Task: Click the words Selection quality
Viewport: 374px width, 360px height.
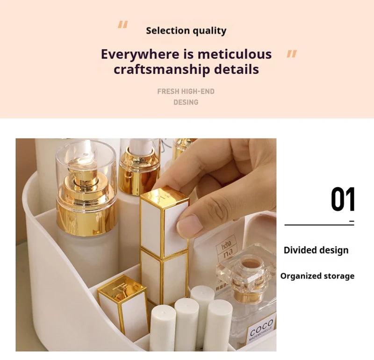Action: pyautogui.click(x=186, y=31)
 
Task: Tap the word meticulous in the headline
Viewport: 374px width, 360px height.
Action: pyautogui.click(x=234, y=54)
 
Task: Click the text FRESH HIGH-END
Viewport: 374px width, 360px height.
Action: pyautogui.click(x=186, y=92)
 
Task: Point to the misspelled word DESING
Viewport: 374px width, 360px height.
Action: pyautogui.click(x=186, y=102)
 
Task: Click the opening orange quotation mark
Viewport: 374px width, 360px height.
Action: pyautogui.click(x=122, y=25)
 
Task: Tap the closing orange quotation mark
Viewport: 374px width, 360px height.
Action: pyautogui.click(x=292, y=54)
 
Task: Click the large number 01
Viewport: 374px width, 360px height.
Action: pyautogui.click(x=343, y=200)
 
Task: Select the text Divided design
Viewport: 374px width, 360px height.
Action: pyautogui.click(x=316, y=250)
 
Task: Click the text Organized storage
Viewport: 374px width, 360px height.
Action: pyautogui.click(x=317, y=276)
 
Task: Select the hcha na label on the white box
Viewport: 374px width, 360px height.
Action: pyautogui.click(x=226, y=248)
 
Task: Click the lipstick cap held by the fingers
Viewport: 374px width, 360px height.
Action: pyautogui.click(x=165, y=220)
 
